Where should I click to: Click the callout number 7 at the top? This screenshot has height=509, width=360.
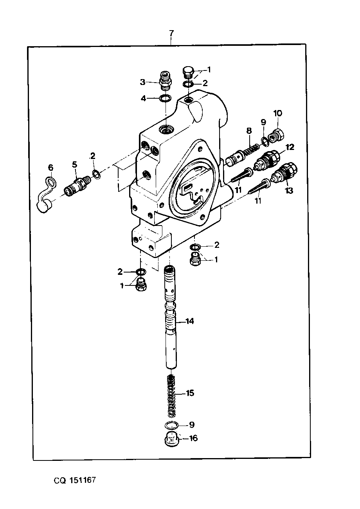pos(171,33)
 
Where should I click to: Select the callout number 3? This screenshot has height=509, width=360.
pos(142,82)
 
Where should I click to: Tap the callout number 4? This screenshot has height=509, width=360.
pos(143,98)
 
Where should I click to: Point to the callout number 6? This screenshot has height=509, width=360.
pos(50,168)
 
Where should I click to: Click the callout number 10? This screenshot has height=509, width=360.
pos(277,113)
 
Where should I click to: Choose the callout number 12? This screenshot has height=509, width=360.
pos(290,147)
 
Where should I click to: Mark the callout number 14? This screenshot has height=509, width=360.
pos(190,321)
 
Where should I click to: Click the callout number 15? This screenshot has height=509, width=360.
pos(190,393)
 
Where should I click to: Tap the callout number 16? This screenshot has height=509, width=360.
pos(193,438)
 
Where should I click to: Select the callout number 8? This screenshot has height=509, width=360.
pos(249,131)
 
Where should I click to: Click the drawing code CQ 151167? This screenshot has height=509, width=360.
pos(75,480)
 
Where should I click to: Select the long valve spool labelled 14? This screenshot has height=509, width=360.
pos(171,318)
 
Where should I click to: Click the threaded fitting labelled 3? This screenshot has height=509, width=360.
pos(166,80)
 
